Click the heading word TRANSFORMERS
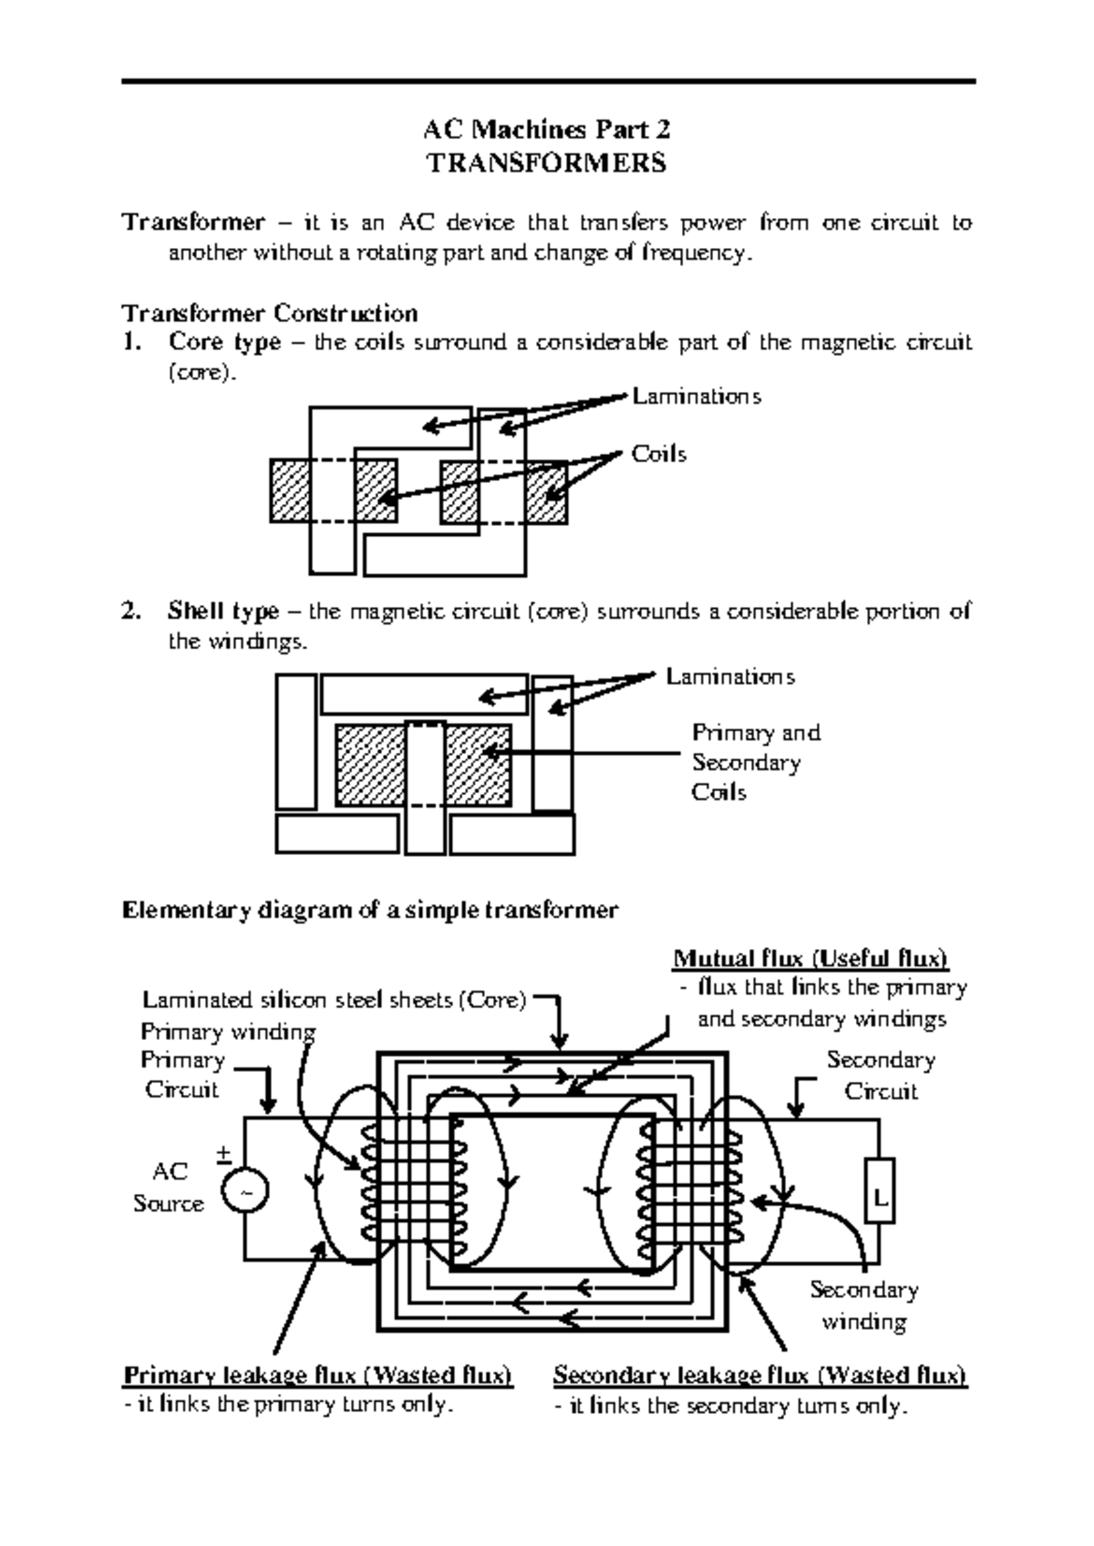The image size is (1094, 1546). [547, 163]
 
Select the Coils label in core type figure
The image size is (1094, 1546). [658, 454]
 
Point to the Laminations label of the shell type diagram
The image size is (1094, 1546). [729, 676]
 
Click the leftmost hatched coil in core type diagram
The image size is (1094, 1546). [291, 491]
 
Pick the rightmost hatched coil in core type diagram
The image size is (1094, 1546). [546, 491]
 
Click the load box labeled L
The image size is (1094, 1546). [880, 1190]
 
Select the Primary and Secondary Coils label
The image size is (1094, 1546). [755, 762]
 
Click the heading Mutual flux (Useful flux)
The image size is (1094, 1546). [810, 959]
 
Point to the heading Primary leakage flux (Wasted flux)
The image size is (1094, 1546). [318, 1375]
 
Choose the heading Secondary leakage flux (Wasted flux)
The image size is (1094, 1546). [759, 1375]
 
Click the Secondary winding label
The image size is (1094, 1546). [863, 1305]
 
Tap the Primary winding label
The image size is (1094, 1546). [228, 1032]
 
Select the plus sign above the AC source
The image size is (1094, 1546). [223, 1153]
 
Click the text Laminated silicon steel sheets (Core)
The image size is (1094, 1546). [335, 1000]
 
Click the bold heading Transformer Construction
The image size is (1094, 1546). [270, 314]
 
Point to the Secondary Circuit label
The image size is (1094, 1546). [880, 1076]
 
